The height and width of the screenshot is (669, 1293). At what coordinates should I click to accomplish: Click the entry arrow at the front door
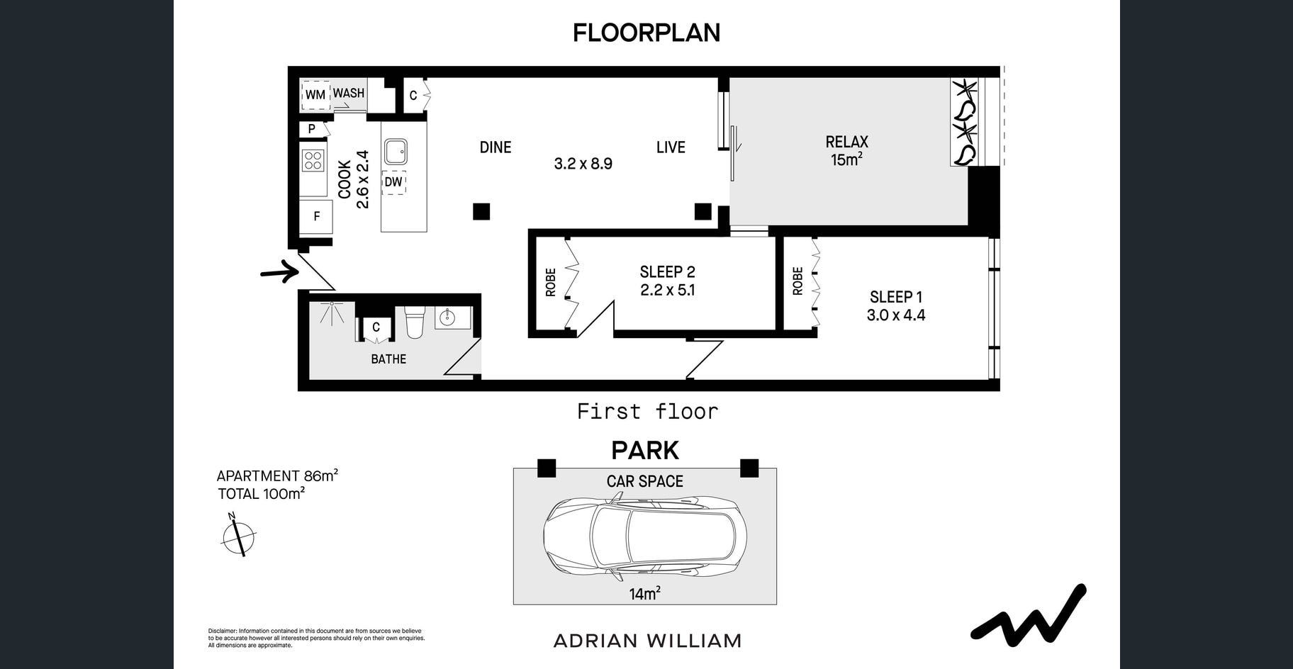tap(279, 271)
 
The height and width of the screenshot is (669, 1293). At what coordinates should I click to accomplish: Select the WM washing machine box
tap(315, 95)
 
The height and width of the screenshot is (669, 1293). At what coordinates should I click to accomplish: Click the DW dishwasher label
tap(393, 182)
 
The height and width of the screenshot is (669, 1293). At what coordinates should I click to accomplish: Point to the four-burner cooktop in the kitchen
tap(313, 160)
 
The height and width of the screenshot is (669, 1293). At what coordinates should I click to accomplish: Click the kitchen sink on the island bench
tap(396, 151)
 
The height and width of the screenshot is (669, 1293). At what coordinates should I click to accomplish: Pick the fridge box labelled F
tap(316, 216)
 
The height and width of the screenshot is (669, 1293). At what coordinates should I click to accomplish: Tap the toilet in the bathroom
tap(413, 322)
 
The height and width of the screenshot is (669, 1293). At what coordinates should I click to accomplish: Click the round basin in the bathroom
tap(447, 318)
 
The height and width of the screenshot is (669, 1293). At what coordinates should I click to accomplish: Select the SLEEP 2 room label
tap(667, 272)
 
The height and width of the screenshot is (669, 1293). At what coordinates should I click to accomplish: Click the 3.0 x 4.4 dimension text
tap(896, 315)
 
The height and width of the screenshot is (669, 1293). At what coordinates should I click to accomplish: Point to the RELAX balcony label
tap(846, 142)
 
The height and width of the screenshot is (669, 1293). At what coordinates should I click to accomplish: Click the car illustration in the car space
tap(645, 537)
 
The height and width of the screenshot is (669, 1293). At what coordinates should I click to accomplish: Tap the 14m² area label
tap(644, 593)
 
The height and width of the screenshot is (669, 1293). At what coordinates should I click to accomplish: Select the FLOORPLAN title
tap(646, 33)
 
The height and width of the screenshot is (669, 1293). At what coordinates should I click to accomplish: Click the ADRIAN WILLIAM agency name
tap(647, 641)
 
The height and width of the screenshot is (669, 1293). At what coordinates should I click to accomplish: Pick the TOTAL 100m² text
tap(261, 494)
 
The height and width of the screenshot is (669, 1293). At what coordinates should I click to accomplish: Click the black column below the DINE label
tap(481, 211)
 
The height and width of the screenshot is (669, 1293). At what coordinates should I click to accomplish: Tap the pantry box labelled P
tap(311, 130)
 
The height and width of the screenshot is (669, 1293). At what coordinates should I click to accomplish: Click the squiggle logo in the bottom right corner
tap(1029, 616)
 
